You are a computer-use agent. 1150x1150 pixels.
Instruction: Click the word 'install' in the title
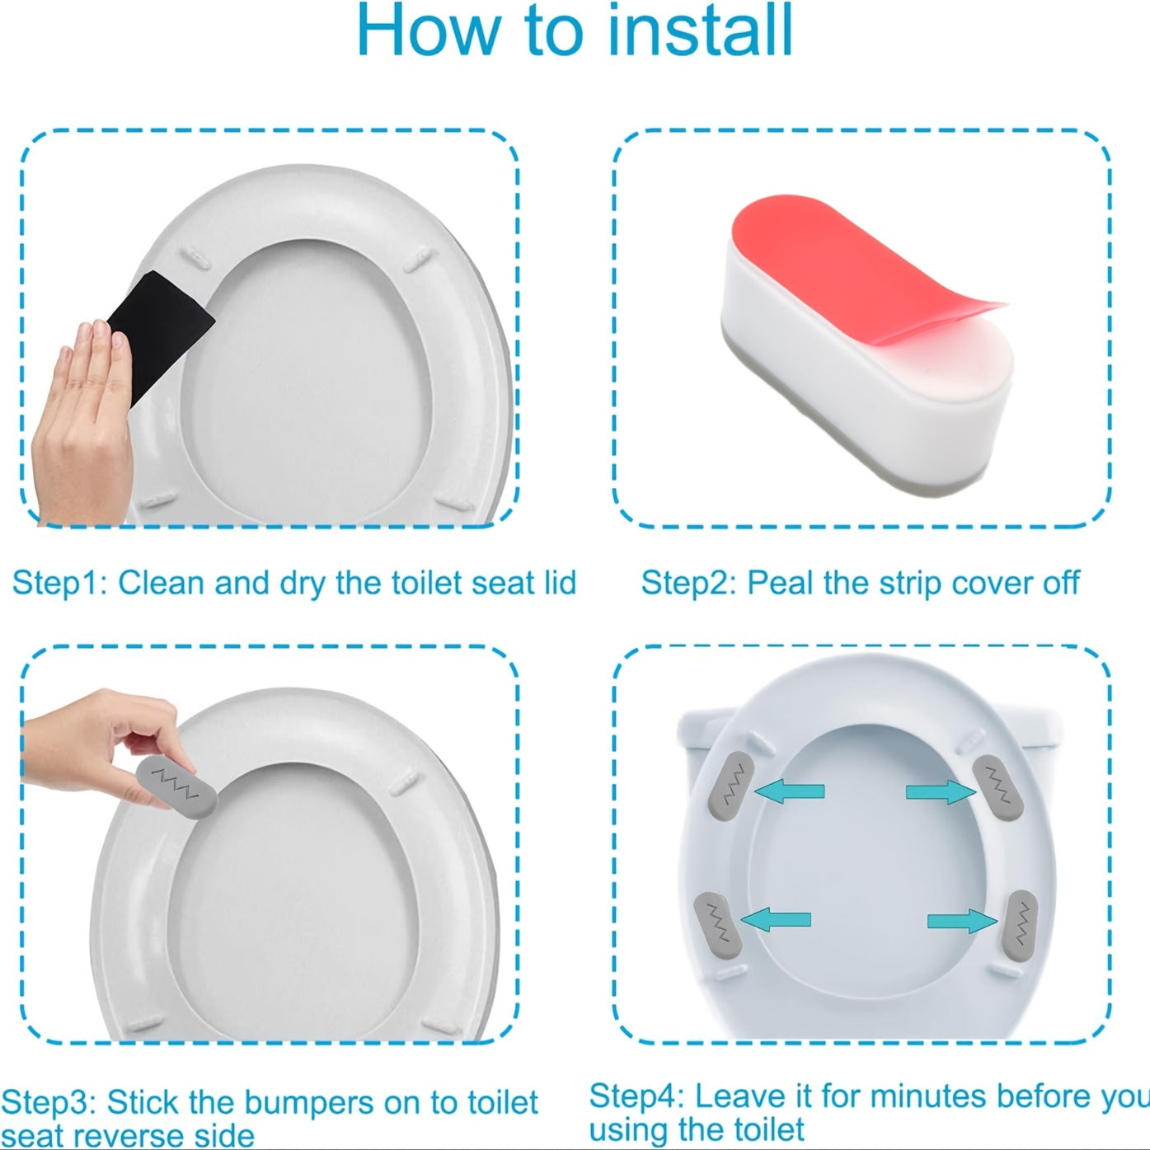[x=700, y=31]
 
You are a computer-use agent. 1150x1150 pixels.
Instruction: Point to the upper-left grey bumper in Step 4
[x=731, y=785]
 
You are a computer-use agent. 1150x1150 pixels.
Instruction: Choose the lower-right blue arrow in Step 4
[x=961, y=920]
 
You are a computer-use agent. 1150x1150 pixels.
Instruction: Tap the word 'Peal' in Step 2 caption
[x=781, y=583]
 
